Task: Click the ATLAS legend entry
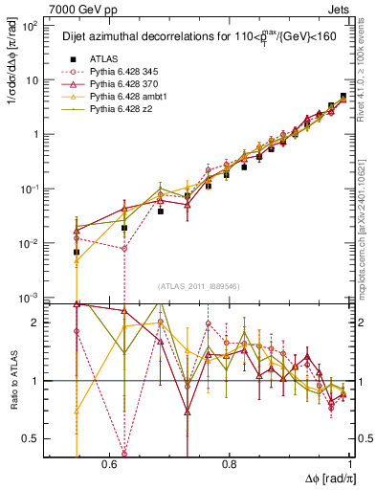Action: (103, 56)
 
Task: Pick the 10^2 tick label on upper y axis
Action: (31, 26)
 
